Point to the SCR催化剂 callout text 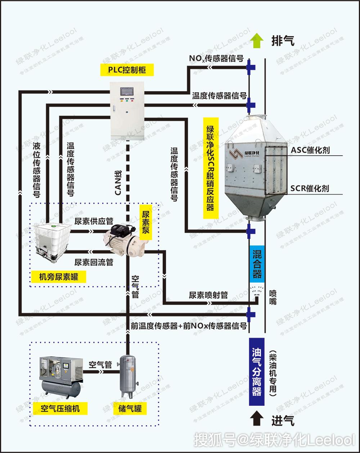coord(310,188)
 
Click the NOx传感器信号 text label coord(216,58)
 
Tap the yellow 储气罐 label coord(130,409)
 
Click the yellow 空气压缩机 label coord(60,409)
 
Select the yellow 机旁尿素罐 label coord(58,277)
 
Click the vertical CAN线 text coord(118,182)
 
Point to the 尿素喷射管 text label coord(208,295)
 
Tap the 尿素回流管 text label coord(94,262)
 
